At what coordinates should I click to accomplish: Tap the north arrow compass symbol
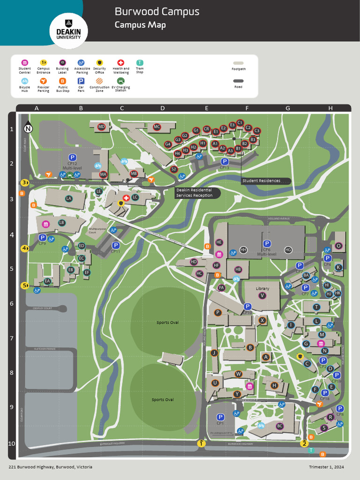coord(29,128)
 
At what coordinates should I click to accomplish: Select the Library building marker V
coord(262,296)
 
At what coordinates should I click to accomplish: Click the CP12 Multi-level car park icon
coord(72,158)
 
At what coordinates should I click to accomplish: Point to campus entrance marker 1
coord(201,443)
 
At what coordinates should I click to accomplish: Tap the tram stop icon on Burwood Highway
coord(311,450)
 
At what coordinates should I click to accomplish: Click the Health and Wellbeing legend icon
coord(120,62)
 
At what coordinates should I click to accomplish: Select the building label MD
coord(101,127)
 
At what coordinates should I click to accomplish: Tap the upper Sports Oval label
coord(167,322)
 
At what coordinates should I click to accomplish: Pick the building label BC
coord(280,426)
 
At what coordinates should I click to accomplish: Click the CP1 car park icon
coord(220,417)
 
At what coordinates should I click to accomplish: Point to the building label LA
coord(69,199)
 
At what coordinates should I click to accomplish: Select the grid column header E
coord(206,108)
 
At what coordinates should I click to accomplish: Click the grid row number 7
coord(12,338)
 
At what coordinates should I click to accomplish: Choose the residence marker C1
coord(240,123)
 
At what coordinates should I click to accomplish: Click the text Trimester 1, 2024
coord(326,467)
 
